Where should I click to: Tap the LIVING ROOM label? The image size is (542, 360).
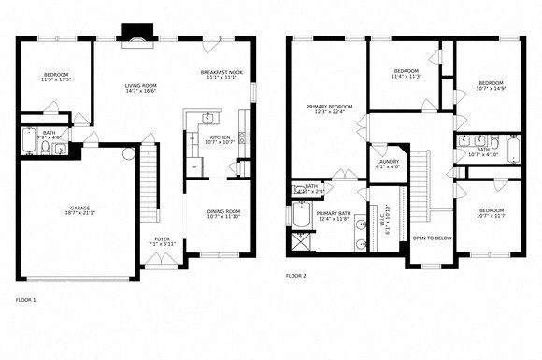point(140,85)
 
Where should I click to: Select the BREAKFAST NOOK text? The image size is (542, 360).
point(221,72)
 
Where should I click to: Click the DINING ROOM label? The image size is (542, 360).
point(222,211)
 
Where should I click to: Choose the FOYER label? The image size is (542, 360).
point(163,238)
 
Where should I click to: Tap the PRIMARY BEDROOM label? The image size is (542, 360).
point(330,106)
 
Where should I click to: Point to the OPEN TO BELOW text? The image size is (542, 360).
point(432,238)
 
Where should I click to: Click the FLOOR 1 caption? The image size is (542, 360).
point(26,300)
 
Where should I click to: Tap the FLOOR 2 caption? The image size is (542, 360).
point(295,277)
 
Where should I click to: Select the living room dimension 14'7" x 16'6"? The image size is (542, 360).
point(140,92)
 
